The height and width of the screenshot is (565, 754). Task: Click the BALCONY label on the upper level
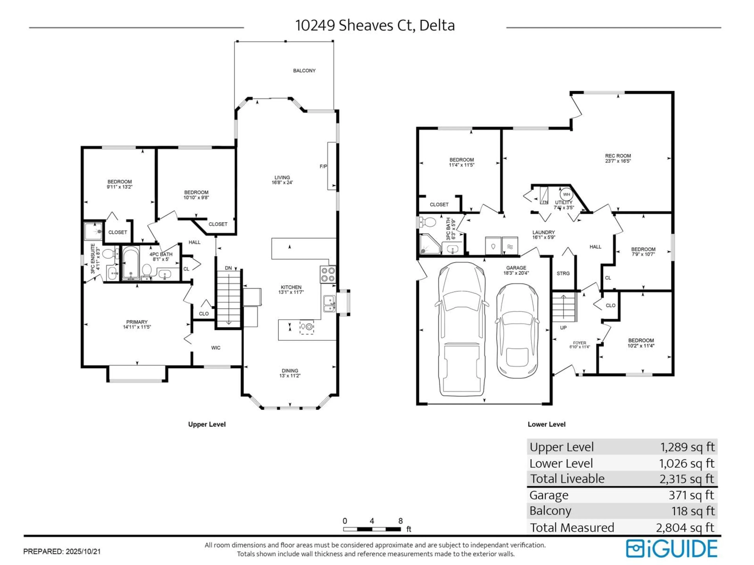point(304,70)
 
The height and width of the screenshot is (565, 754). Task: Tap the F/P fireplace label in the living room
point(323,166)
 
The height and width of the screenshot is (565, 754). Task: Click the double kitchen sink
point(329,304)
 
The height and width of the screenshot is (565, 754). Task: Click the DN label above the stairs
point(228,268)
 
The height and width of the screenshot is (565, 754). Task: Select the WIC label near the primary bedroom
point(215,348)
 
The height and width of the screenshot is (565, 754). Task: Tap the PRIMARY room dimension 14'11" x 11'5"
point(137,327)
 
